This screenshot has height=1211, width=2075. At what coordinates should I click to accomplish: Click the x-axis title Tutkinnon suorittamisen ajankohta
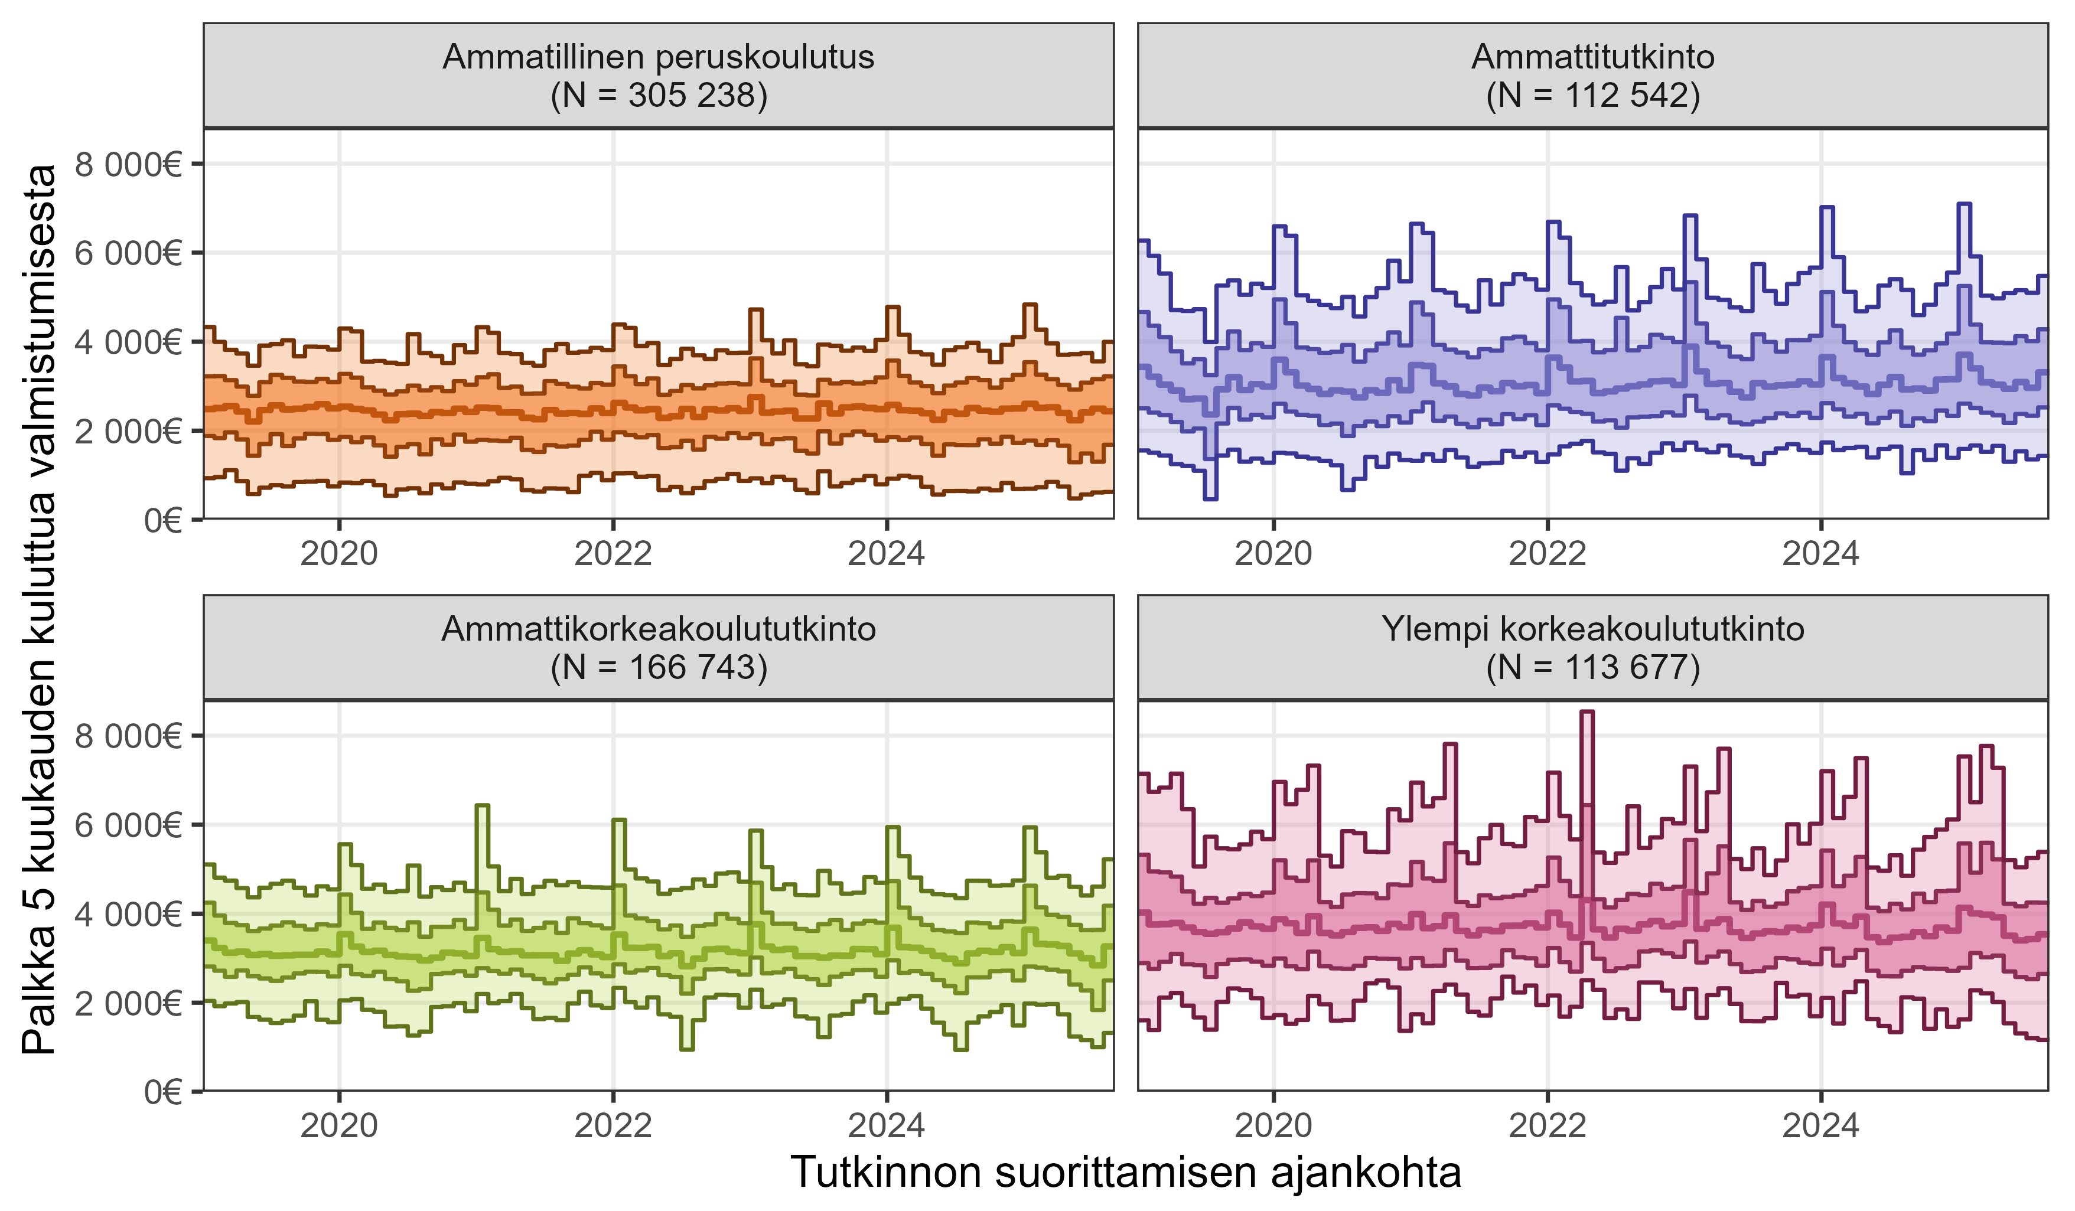coord(1126,1172)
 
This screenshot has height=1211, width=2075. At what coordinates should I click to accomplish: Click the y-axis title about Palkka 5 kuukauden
coord(40,609)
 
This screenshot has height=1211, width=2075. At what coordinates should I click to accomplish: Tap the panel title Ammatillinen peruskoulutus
coord(658,57)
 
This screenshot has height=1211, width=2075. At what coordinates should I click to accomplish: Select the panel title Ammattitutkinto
coord(1592,57)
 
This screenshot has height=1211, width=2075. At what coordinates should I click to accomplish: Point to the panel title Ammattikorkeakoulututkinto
coord(658,629)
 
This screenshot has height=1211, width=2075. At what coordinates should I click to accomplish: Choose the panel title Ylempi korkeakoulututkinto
coord(1592,629)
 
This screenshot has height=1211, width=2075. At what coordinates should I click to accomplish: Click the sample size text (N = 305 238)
coord(658,96)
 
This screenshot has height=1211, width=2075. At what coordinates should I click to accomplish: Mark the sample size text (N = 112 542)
coord(1592,96)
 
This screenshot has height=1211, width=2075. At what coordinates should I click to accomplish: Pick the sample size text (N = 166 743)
coord(658,668)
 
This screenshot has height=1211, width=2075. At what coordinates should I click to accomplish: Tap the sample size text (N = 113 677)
coord(1592,668)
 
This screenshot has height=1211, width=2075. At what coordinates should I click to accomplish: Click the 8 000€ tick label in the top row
coord(128,165)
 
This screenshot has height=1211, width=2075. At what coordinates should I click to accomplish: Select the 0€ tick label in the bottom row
coord(162,1092)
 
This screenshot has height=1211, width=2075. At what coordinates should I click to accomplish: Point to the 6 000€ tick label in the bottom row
coord(128,825)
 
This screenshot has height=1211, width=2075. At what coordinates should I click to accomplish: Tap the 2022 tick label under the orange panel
coord(613,553)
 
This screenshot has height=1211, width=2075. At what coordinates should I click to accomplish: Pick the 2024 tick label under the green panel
coord(886,1125)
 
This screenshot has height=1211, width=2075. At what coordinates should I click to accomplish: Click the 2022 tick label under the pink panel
coord(1547,1125)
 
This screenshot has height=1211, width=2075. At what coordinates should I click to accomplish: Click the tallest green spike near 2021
coord(483,807)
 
